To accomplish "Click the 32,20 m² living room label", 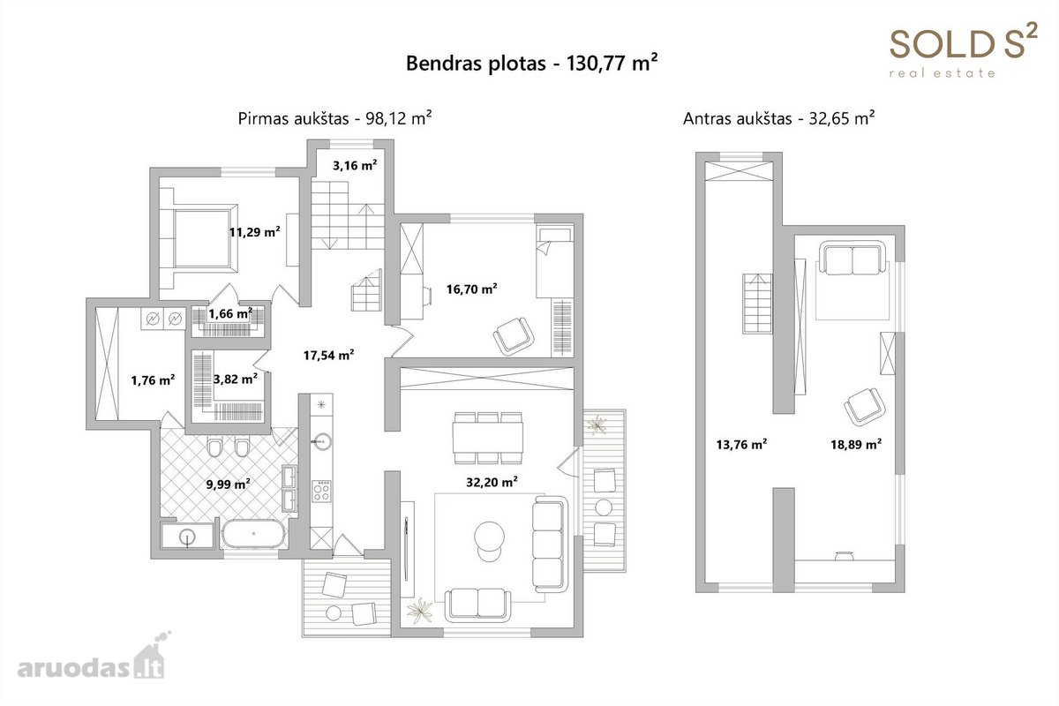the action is [x=492, y=482].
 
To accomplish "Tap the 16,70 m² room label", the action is [x=472, y=289].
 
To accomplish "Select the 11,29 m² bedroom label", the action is [x=255, y=232].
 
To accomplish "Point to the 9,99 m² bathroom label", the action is [x=229, y=484].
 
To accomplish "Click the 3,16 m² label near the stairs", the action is [x=355, y=165].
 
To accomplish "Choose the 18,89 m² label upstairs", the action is [x=856, y=444].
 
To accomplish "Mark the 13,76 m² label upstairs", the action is [x=741, y=444].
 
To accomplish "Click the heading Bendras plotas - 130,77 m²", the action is [x=532, y=63].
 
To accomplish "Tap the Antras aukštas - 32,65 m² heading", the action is [x=778, y=117].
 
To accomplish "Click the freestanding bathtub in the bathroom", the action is [x=254, y=534].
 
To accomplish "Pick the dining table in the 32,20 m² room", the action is [x=488, y=438].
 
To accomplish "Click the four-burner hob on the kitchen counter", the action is [x=321, y=492].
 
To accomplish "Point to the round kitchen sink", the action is [x=321, y=441].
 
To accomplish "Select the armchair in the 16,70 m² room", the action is [x=514, y=335].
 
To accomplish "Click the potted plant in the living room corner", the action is [x=420, y=610].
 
